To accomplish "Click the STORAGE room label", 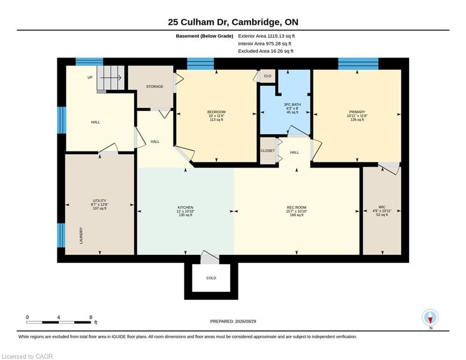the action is click(155, 87).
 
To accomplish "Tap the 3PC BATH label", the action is click(292, 105).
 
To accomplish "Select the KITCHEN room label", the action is click(185, 207).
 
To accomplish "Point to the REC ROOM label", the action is click(296, 207).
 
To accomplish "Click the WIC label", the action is click(382, 207).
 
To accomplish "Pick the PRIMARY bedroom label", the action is click(357, 112).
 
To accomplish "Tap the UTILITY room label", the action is click(100, 201).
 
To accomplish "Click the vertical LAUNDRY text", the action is click(81, 236).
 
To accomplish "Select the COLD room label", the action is click(211, 278).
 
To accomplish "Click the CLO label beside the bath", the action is click(267, 76).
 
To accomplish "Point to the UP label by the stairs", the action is click(90, 77).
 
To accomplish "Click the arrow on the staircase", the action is click(111, 78).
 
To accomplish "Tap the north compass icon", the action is click(430, 317).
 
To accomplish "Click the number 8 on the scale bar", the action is click(91, 317).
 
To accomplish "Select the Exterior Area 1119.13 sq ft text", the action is click(266, 36).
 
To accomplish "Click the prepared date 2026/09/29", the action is click(245, 321).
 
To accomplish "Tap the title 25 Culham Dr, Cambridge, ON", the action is click(233, 22).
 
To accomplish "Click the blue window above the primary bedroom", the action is click(358, 64).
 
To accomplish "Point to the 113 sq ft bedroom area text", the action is click(216, 120).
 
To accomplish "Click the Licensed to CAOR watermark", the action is click(27, 356).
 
